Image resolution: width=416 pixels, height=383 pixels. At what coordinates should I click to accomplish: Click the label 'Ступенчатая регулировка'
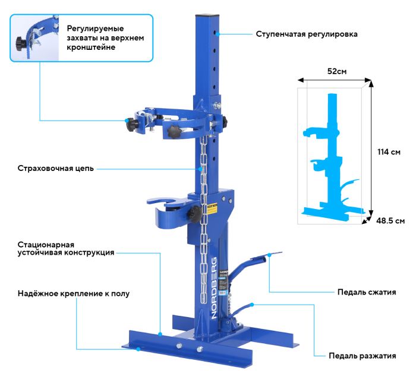tap(307, 34)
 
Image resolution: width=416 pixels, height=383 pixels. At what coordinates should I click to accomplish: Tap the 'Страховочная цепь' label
tap(55, 169)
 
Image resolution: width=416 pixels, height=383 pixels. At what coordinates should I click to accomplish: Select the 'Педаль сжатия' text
tap(366, 292)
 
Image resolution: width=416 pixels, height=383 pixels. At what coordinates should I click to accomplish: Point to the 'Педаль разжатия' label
tap(362, 356)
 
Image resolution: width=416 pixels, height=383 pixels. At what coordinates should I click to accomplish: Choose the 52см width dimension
tap(337, 71)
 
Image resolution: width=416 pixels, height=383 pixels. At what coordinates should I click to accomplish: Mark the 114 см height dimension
tap(388, 152)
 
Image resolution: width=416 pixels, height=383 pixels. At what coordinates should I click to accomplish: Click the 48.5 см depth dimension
tap(390, 221)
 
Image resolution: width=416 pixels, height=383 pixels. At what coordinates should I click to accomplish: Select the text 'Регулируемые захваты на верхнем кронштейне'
tap(104, 37)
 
